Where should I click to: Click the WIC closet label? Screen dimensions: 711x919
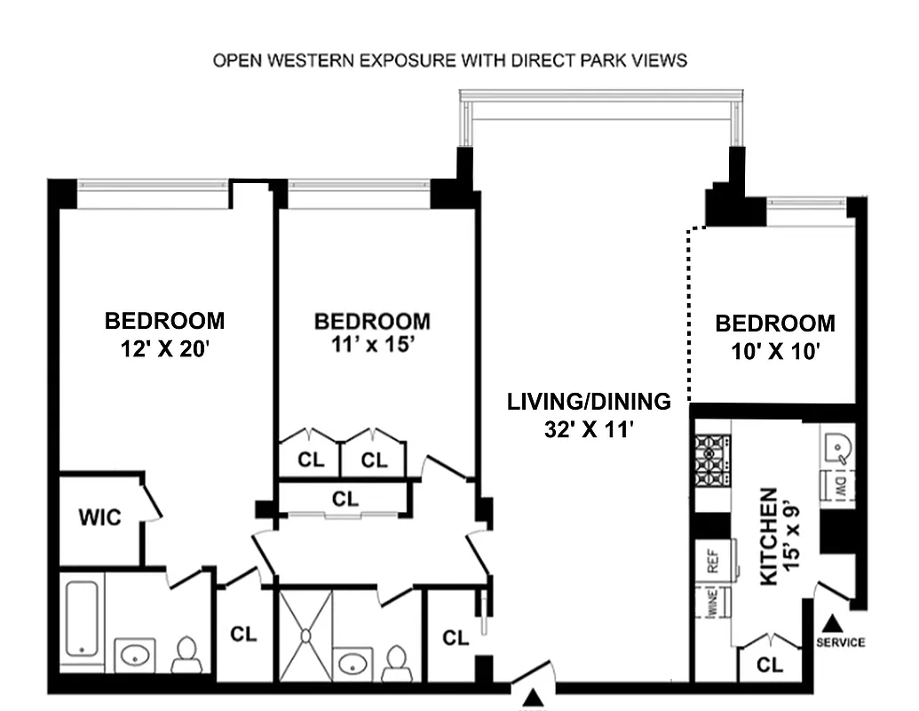point(99,517)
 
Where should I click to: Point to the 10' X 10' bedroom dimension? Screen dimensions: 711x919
point(774,351)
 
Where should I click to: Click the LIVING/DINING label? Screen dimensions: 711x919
point(589,402)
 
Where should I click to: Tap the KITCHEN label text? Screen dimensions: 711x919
point(769,536)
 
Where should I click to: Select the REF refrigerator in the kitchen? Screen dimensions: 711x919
point(712,561)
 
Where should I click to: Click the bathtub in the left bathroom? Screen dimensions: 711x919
point(82,619)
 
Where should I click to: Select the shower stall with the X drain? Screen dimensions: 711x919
point(305,635)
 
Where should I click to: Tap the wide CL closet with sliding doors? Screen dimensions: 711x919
point(345,499)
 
